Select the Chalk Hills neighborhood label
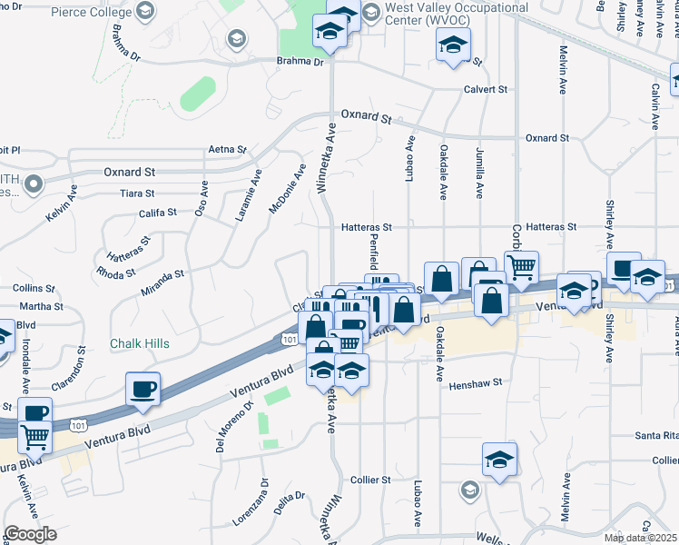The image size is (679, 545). coord(139,344)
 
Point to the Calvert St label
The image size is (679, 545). coord(486,89)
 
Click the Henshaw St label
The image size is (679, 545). coord(475,384)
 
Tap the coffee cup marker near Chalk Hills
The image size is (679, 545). coord(143,388)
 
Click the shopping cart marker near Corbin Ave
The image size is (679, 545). coord(521,265)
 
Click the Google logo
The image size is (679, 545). coord(30,533)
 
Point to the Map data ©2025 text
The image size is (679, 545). coord(640,538)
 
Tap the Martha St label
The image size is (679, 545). coord(41,306)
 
